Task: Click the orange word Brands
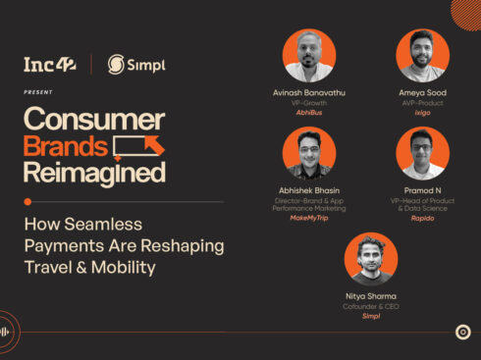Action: coord(66,146)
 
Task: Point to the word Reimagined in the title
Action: coord(94,173)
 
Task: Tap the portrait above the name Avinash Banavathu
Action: coord(309,56)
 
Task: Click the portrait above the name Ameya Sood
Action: coord(422,56)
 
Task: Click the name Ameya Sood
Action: coord(422,93)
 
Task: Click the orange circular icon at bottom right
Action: coord(463,332)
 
